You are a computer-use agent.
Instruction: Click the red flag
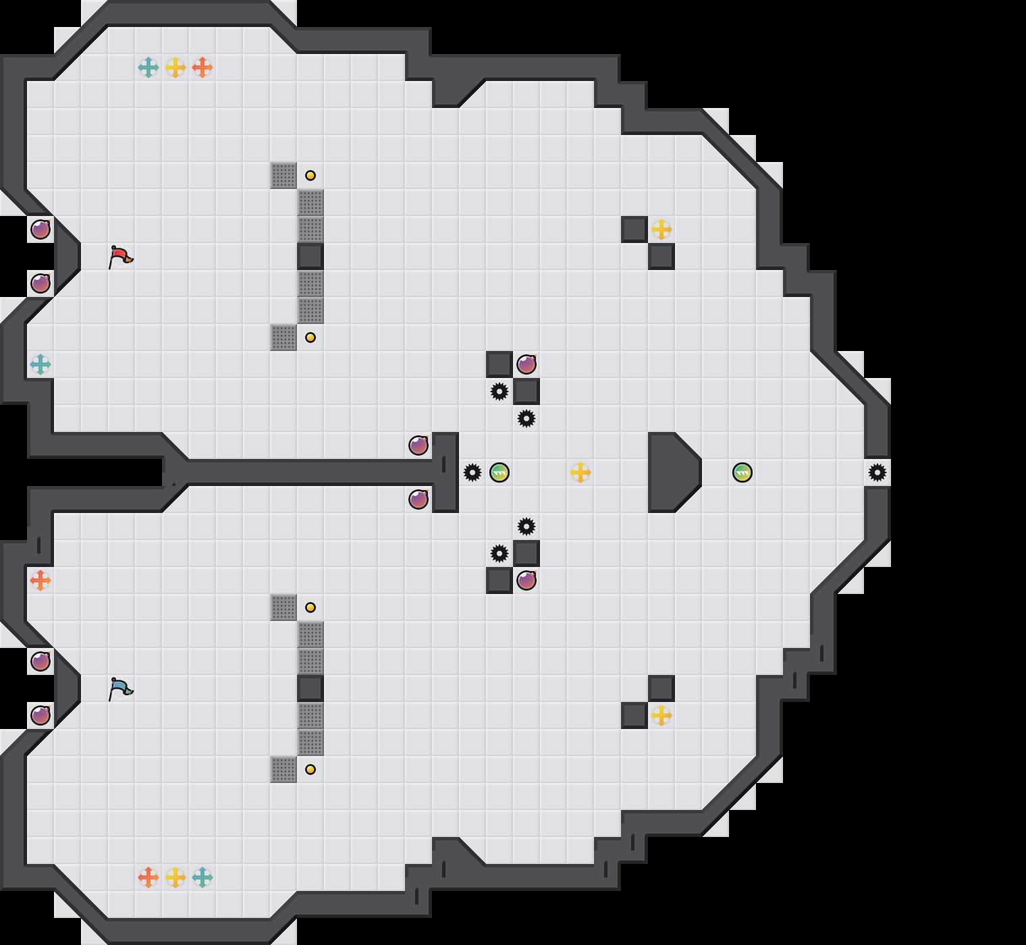pyautogui.click(x=120, y=257)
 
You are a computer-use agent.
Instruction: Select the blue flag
pyautogui.click(x=120, y=689)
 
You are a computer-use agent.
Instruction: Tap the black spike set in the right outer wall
pyautogui.click(x=878, y=473)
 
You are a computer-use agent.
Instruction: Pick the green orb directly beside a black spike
pyautogui.click(x=500, y=473)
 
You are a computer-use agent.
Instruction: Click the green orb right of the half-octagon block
pyautogui.click(x=742, y=473)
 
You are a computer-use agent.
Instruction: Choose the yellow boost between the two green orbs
pyautogui.click(x=580, y=473)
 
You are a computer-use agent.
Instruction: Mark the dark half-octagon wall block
pyautogui.click(x=672, y=473)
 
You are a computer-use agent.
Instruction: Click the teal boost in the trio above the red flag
pyautogui.click(x=148, y=67)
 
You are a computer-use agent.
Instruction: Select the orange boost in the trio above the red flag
pyautogui.click(x=202, y=67)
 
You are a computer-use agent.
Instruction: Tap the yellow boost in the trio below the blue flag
pyautogui.click(x=175, y=878)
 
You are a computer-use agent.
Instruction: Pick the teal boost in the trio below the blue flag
pyautogui.click(x=202, y=878)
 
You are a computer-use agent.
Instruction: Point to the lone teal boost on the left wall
pyautogui.click(x=40, y=364)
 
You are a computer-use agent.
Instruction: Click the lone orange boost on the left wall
pyautogui.click(x=40, y=580)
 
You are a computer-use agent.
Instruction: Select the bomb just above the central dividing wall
pyautogui.click(x=418, y=446)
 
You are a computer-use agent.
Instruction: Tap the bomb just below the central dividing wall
pyautogui.click(x=418, y=500)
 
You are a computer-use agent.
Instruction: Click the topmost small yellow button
pyautogui.click(x=310, y=175)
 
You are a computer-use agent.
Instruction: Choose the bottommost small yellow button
pyautogui.click(x=310, y=769)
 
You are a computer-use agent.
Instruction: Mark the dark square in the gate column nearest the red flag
pyautogui.click(x=310, y=256)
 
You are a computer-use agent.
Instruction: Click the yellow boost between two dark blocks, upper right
pyautogui.click(x=661, y=230)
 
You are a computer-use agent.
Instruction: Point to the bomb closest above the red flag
pyautogui.click(x=40, y=230)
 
